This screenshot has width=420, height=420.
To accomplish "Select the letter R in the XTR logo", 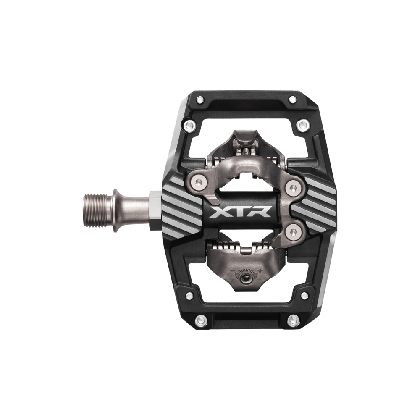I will coord(262,213).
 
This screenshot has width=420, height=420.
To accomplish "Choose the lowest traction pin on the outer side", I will coord(291,320).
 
